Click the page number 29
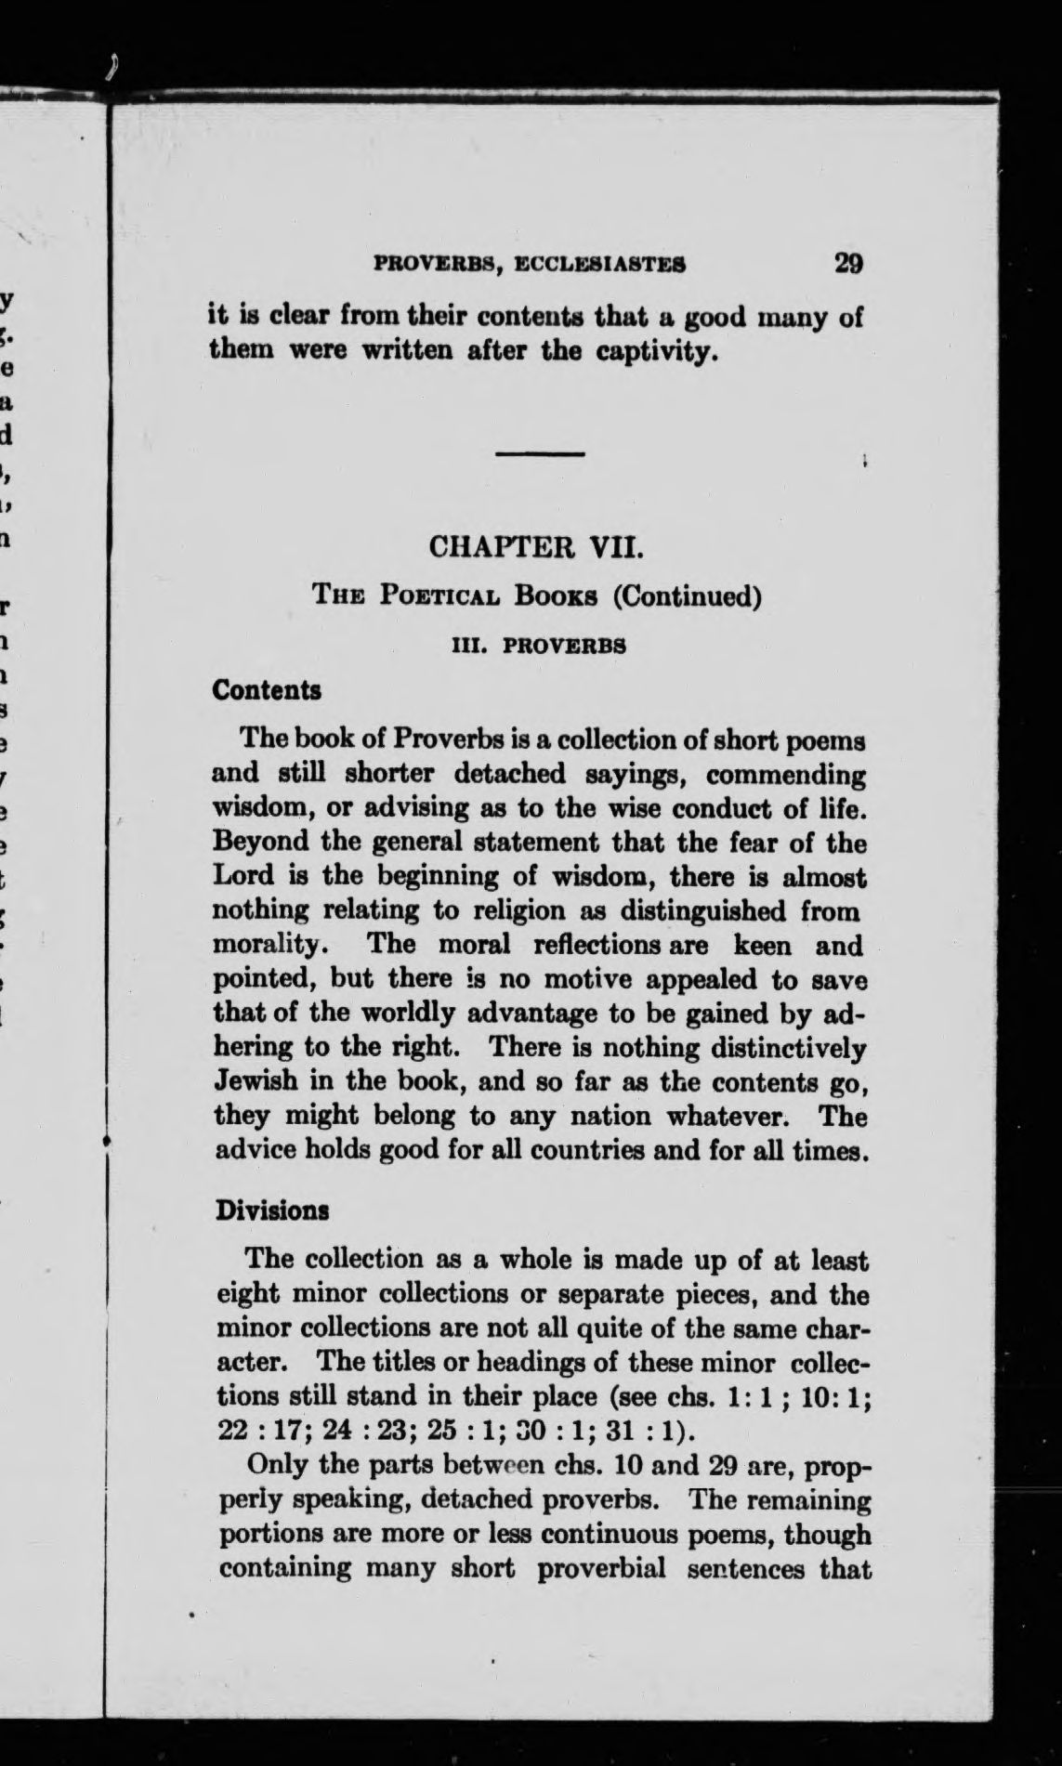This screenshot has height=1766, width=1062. [848, 263]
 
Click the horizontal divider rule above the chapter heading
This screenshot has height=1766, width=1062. [539, 453]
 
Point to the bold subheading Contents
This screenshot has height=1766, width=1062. [267, 690]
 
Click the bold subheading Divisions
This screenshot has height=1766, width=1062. [272, 1211]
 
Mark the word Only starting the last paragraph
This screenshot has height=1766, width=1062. [277, 1465]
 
